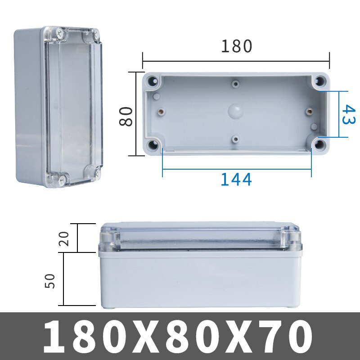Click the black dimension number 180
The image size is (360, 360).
click(x=236, y=46)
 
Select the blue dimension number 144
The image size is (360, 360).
click(x=236, y=179)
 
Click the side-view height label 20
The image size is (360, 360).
click(x=65, y=238)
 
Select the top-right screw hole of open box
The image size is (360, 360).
click(x=320, y=81)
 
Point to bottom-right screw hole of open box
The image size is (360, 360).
click(x=320, y=145)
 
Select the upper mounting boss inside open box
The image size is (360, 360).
click(x=236, y=83)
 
